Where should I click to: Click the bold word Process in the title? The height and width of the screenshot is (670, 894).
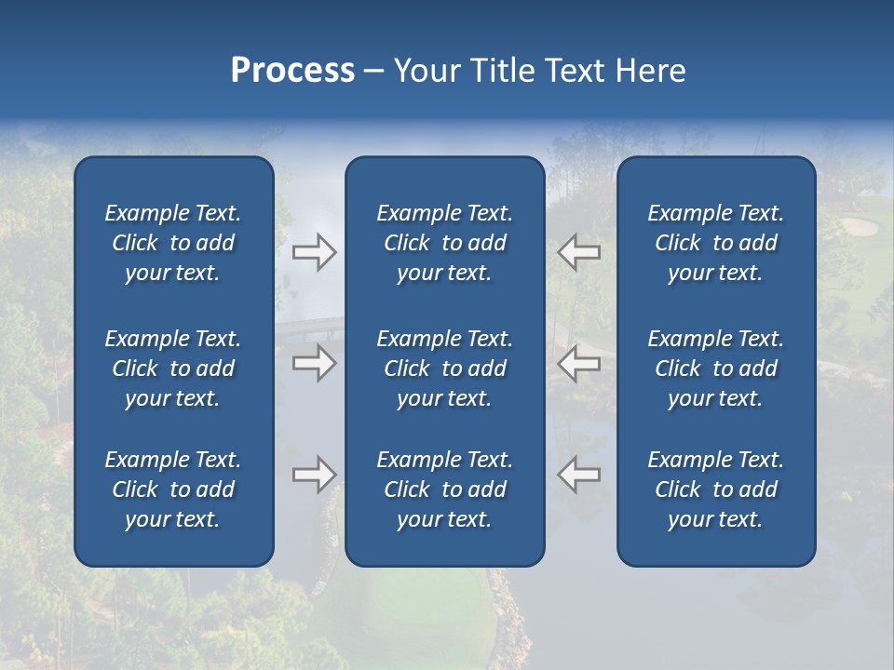292,71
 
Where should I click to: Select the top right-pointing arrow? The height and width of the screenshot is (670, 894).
314,252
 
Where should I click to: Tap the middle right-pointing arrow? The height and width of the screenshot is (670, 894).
314,363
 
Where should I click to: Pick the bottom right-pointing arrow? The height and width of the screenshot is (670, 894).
314,475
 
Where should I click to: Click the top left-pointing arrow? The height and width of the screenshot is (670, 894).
578,252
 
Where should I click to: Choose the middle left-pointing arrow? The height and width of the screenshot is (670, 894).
578,363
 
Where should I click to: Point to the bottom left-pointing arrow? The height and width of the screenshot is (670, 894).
578,475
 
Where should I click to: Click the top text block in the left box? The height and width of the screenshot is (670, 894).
173,243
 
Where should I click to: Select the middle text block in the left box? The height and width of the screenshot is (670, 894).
173,368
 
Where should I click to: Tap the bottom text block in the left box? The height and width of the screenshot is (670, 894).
173,489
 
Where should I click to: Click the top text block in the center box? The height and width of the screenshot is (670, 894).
444,243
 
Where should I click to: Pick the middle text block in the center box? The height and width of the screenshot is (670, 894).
444,368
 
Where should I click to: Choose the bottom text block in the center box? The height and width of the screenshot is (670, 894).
444,489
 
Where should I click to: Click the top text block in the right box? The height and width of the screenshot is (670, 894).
715,243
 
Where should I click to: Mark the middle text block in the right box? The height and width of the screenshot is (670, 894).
715,368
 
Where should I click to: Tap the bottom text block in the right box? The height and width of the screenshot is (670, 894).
715,489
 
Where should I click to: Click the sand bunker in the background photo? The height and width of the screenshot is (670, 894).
859,226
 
